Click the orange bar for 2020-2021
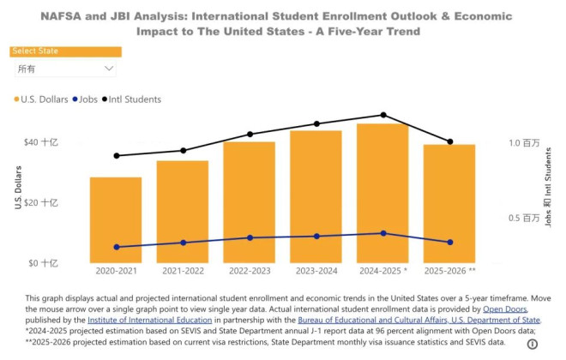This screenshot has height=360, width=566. coord(116,220)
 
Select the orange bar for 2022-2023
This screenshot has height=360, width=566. coord(249,202)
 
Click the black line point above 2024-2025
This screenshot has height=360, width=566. coord(382,115)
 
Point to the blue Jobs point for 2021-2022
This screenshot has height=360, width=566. coord(183,243)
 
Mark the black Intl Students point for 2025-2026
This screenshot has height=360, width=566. coord(449,141)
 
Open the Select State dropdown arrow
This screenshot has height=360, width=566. coord(109,69)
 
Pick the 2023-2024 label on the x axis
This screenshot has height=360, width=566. coord(316,270)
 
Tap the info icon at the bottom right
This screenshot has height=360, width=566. coord(532,344)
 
